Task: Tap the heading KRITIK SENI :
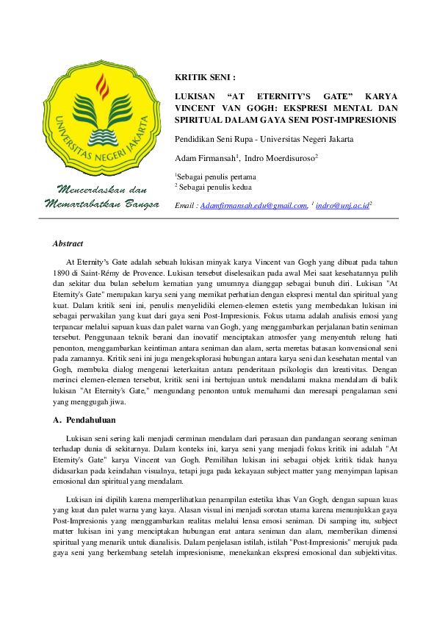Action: point(204,76)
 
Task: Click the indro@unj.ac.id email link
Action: point(342,207)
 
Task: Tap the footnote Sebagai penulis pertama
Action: point(217,177)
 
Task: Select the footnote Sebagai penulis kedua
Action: point(214,188)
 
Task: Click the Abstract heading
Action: point(68,243)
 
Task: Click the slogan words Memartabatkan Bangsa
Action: point(102,204)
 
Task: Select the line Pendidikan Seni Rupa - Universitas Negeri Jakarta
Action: point(263,139)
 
